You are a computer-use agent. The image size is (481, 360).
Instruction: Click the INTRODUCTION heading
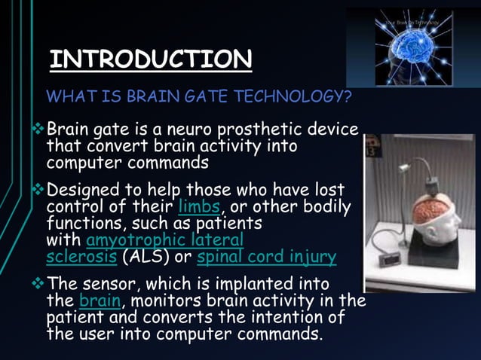[151, 59]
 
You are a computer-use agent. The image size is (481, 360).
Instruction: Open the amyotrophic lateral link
[165, 240]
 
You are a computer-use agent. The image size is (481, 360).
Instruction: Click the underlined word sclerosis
[81, 257]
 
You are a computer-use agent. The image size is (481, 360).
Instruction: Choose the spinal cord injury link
[266, 257]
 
